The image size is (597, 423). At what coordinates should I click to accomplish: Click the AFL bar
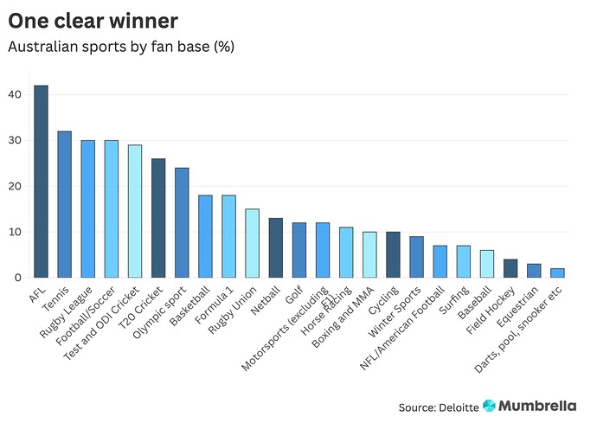[41, 182]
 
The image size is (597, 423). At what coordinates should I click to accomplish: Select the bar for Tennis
[65, 204]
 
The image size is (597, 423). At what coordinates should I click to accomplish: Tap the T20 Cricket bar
[158, 218]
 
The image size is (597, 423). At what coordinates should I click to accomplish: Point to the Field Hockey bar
[510, 268]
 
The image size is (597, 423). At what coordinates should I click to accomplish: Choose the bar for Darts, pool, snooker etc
[557, 272]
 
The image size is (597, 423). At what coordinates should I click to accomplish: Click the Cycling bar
[393, 254]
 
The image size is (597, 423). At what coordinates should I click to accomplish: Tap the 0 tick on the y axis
[16, 278]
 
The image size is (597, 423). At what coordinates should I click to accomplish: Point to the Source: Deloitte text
[437, 407]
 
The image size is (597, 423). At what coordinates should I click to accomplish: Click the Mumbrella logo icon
[490, 406]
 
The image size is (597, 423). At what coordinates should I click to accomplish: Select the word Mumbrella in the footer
[543, 406]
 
